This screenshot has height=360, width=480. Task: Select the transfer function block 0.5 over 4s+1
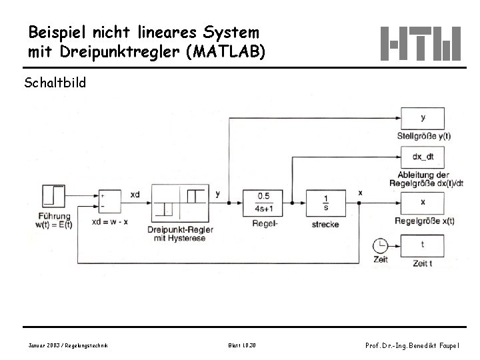(x=263, y=202)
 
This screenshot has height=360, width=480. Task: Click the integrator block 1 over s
(x=325, y=202)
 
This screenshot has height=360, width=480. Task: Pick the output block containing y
(x=423, y=119)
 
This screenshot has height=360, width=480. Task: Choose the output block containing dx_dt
(x=423, y=158)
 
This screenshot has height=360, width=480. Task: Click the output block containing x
(x=423, y=202)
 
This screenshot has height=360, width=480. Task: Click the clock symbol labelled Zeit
(x=380, y=244)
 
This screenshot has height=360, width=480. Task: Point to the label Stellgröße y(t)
(x=423, y=135)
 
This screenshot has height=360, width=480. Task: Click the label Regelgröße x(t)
(x=424, y=221)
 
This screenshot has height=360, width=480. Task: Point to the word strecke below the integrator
(x=325, y=224)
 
